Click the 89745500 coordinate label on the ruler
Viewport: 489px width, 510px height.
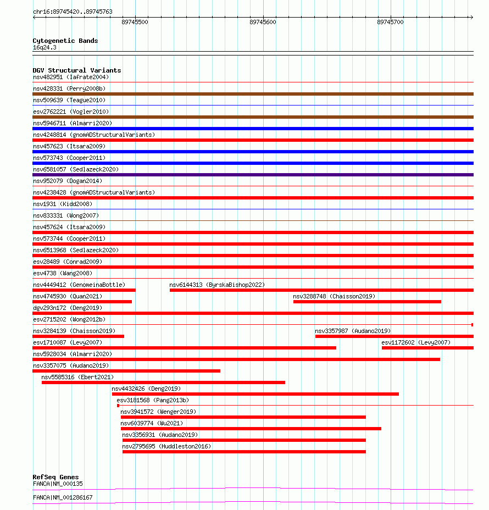(x=135, y=22)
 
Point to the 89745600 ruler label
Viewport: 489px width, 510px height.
(x=263, y=22)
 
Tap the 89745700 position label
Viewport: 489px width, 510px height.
(x=390, y=22)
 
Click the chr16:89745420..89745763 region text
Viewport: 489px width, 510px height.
(x=73, y=12)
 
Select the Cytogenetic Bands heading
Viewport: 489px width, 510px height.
(x=65, y=41)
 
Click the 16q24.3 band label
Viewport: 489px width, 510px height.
(x=45, y=47)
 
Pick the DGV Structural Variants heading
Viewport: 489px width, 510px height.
(x=77, y=70)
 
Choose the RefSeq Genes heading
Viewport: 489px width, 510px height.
(x=55, y=477)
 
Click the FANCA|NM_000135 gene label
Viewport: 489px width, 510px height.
(x=58, y=484)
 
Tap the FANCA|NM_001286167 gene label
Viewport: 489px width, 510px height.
(x=63, y=497)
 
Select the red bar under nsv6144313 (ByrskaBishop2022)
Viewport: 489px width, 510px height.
(x=321, y=290)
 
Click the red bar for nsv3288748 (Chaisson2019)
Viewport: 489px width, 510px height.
(x=367, y=302)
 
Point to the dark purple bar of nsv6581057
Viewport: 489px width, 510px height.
(x=253, y=175)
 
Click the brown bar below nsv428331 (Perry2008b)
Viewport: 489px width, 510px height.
(x=253, y=94)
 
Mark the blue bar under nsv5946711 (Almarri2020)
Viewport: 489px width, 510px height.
(x=253, y=129)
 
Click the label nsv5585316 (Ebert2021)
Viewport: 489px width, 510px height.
(x=77, y=377)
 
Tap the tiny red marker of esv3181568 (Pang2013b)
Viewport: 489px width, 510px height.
(x=118, y=406)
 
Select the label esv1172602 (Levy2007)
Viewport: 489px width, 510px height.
(x=416, y=342)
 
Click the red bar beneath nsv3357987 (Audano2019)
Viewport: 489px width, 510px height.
(x=394, y=336)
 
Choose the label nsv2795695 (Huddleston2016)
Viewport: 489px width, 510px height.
(x=166, y=446)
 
